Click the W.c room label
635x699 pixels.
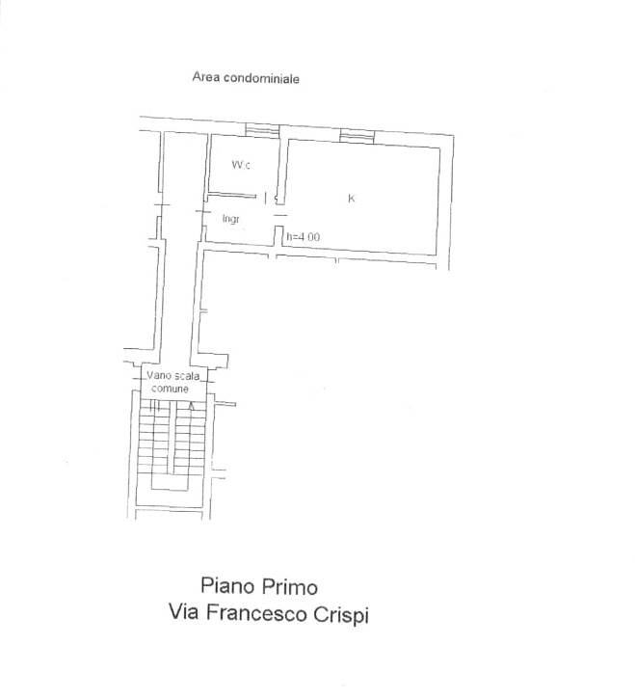click(x=241, y=165)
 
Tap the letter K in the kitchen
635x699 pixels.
click(x=351, y=199)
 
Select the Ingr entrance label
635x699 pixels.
click(x=231, y=219)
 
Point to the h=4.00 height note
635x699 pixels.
click(x=303, y=237)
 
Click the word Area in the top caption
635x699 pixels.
click(x=206, y=77)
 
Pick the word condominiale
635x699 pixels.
click(x=261, y=78)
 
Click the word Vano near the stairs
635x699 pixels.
click(x=159, y=375)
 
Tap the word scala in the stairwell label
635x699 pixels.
click(x=187, y=376)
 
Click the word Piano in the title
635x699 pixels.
click(x=227, y=585)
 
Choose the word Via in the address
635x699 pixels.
click(x=183, y=611)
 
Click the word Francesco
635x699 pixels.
click(x=257, y=613)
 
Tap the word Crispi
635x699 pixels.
click(x=341, y=616)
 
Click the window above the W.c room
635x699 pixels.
click(x=263, y=129)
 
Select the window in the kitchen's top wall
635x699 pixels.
click(x=357, y=136)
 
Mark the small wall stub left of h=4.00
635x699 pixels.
click(x=278, y=236)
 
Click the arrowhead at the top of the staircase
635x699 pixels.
click(x=192, y=406)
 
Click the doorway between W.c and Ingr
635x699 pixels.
click(x=266, y=198)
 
